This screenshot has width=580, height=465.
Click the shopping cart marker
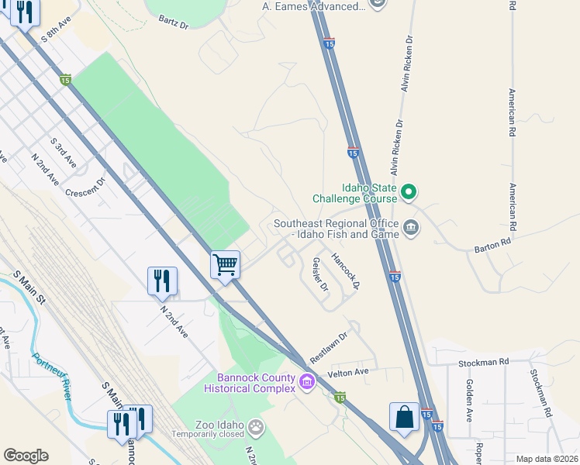click(x=226, y=264)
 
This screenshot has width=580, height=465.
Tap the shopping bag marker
click(x=404, y=417)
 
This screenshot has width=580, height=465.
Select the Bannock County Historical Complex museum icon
click(x=307, y=381)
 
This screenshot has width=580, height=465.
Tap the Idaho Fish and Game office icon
click(x=411, y=227)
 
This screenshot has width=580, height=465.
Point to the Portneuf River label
click(x=53, y=377)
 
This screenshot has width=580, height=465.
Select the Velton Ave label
click(x=349, y=373)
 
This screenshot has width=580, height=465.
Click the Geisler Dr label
click(x=319, y=275)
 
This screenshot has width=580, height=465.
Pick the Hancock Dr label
click(x=346, y=271)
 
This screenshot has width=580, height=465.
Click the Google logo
click(x=26, y=456)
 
